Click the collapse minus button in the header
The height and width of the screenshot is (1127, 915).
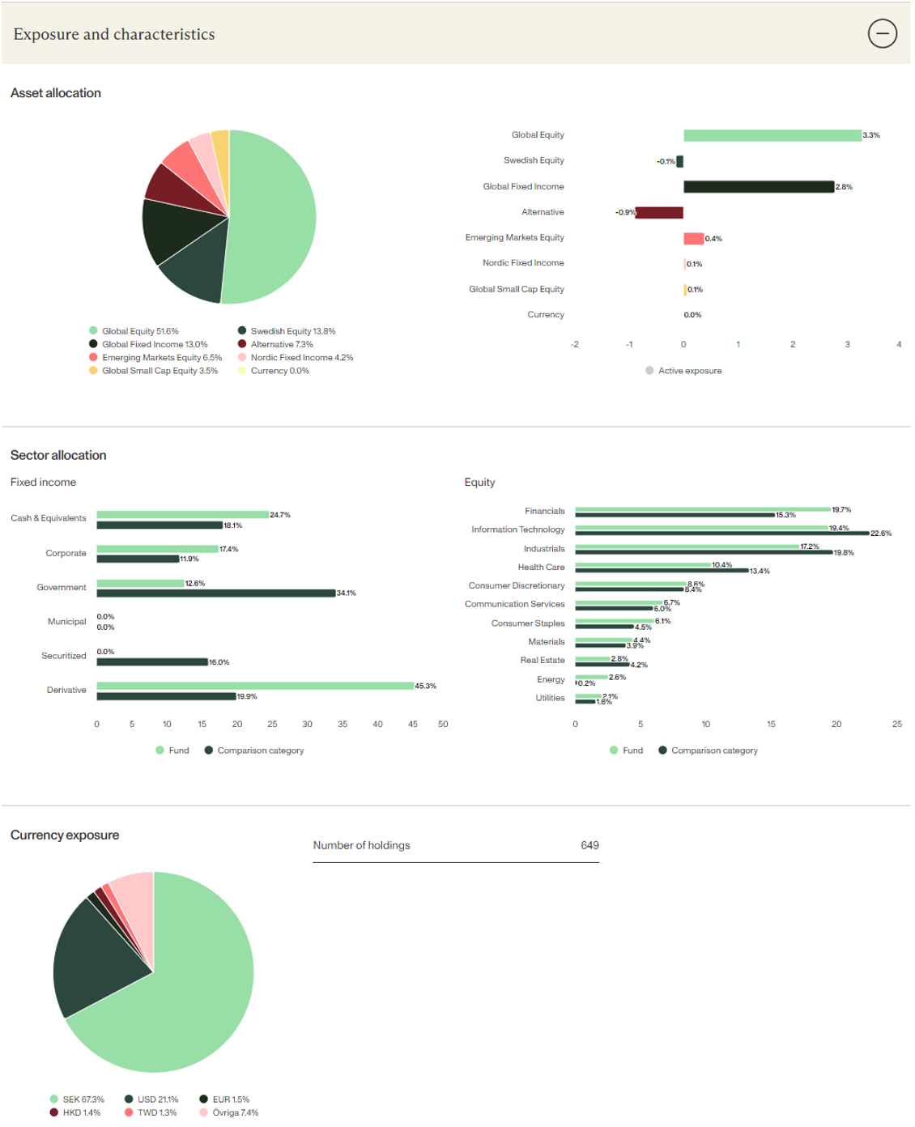pyautogui.click(x=882, y=33)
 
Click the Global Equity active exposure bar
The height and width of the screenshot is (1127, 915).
pyautogui.click(x=772, y=135)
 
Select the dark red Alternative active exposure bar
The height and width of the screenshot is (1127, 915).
pyautogui.click(x=659, y=212)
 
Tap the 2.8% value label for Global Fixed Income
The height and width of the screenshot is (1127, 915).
pyautogui.click(x=844, y=187)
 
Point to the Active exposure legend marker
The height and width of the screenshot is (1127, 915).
pyautogui.click(x=649, y=371)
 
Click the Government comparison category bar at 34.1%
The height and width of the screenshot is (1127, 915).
pyautogui.click(x=215, y=593)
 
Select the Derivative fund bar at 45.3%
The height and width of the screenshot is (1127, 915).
pyautogui.click(x=255, y=686)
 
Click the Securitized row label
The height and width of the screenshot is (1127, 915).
pyautogui.click(x=63, y=656)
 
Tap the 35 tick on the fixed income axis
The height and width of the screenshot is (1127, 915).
pyautogui.click(x=343, y=725)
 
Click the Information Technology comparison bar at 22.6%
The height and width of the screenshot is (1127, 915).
pyautogui.click(x=721, y=534)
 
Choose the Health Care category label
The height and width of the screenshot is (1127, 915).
pyautogui.click(x=541, y=568)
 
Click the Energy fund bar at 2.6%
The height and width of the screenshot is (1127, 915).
pyautogui.click(x=591, y=677)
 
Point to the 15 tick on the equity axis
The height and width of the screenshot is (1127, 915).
pyautogui.click(x=771, y=725)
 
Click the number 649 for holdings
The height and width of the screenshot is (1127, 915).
pyautogui.click(x=589, y=845)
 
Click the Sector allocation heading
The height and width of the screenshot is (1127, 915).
pyautogui.click(x=58, y=455)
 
